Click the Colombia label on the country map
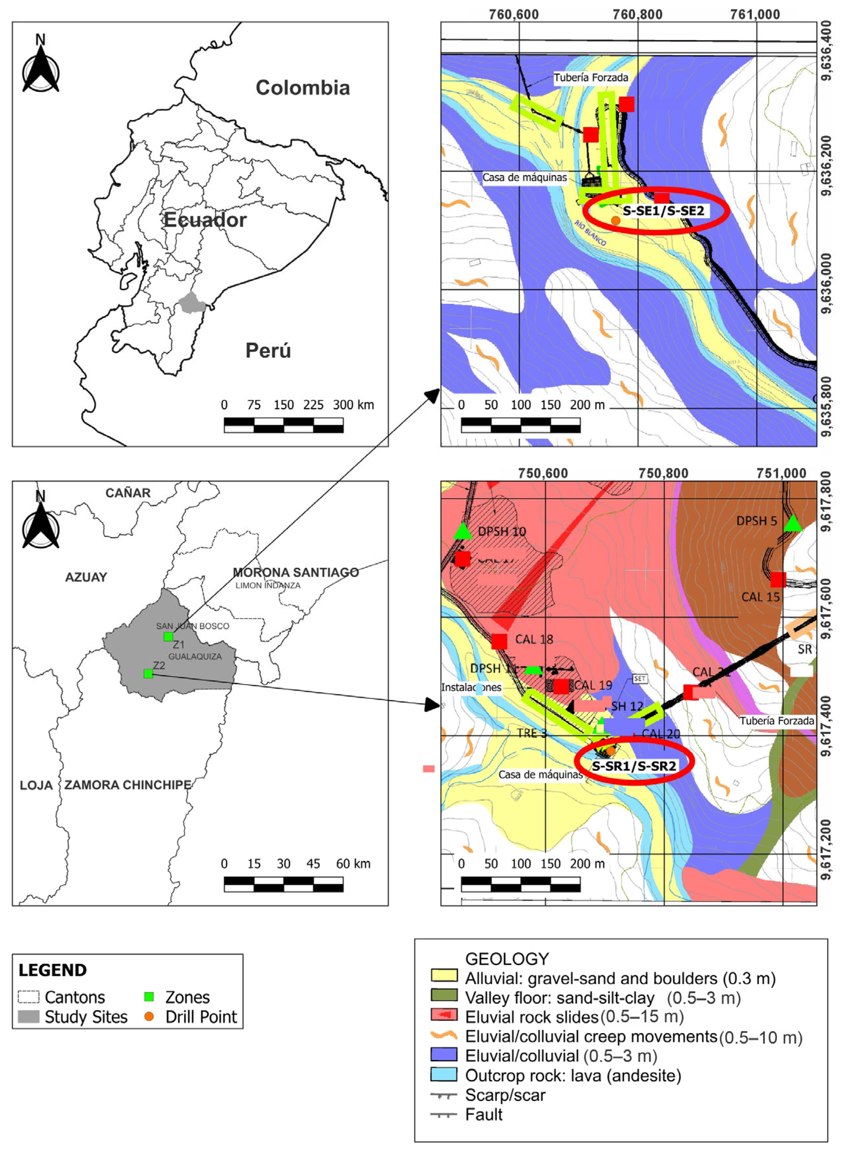pos(303,88)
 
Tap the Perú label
pos(268,350)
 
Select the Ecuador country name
pos(205,220)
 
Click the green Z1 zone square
pos(168,636)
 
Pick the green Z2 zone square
pos(148,674)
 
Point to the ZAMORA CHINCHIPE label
pos(128,785)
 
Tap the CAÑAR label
pos(128,493)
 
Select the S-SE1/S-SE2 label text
pos(663,210)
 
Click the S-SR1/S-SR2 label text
pos(634,766)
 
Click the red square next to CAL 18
pos(499,641)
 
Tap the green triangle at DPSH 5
pos(792,523)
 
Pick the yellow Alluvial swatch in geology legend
pos(444,975)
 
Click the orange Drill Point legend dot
pos(149,1016)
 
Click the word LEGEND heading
pos(52,970)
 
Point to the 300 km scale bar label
pos(353,405)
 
